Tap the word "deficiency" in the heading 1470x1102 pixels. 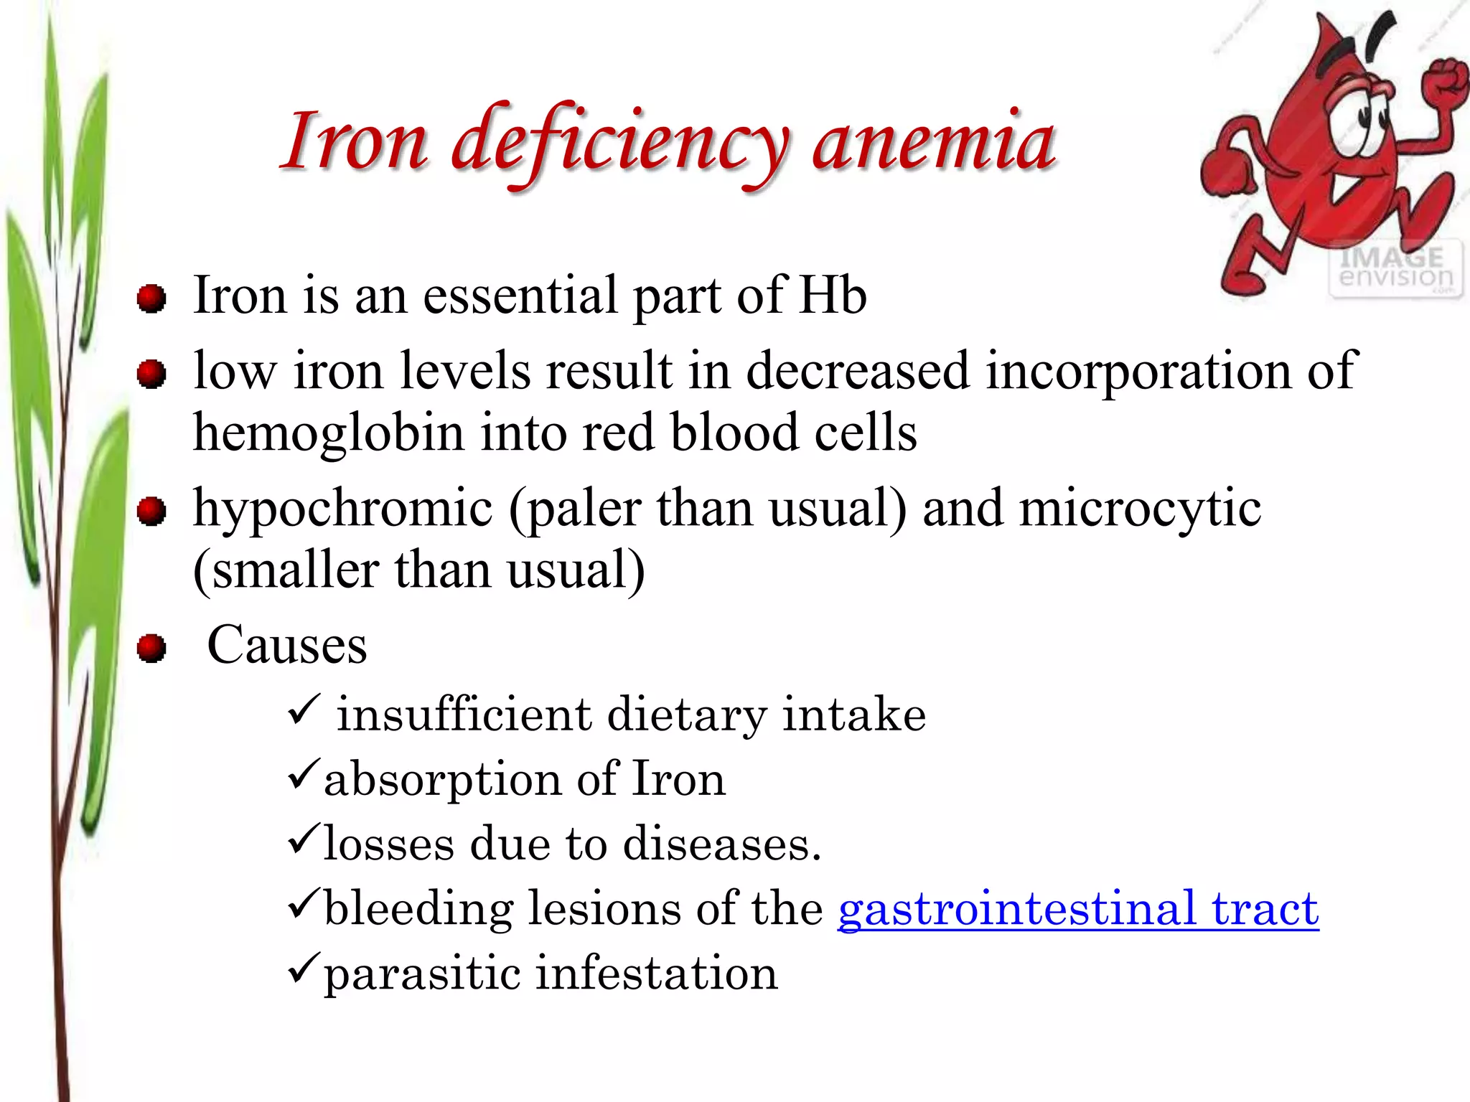click(x=621, y=143)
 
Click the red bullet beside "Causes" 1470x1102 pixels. click(x=151, y=649)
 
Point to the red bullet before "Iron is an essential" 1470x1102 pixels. click(x=151, y=298)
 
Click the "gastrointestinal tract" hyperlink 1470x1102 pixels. click(x=1078, y=908)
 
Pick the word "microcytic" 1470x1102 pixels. click(x=1140, y=508)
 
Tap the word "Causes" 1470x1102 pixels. click(x=287, y=645)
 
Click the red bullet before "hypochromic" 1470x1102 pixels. click(x=151, y=512)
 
